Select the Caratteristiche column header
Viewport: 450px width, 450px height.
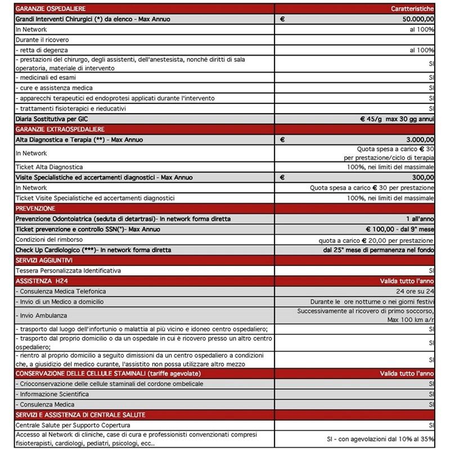pyautogui.click(x=412, y=8)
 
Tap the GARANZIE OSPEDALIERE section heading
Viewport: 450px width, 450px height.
pyautogui.click(x=47, y=8)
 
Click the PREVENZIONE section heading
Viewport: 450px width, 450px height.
pyautogui.click(x=36, y=208)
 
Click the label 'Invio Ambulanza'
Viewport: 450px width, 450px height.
pyautogui.click(x=41, y=315)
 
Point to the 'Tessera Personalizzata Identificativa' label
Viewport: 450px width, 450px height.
pyautogui.click(x=68, y=270)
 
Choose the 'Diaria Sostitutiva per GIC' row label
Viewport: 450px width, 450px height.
pyautogui.click(x=53, y=119)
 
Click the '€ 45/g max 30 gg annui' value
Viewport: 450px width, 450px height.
pyautogui.click(x=397, y=119)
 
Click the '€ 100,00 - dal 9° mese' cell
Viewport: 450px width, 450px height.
pyautogui.click(x=399, y=228)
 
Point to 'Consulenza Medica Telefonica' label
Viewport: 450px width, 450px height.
pyautogui.click(x=61, y=291)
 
